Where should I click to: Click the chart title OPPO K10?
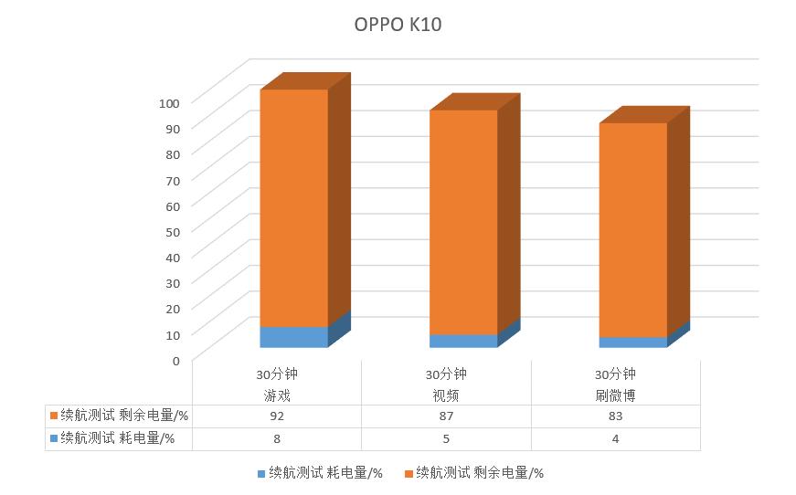(398, 25)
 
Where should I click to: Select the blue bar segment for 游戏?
(293, 337)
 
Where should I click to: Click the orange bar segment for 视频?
(463, 222)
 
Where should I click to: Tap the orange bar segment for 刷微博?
(632, 229)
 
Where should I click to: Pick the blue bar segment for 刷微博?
(632, 342)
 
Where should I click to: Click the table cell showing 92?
(277, 416)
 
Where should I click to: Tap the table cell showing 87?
(446, 416)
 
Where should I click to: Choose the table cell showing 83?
(615, 416)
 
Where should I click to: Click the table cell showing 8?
(277, 438)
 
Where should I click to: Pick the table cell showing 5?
(446, 438)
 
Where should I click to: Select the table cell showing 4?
(615, 438)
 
